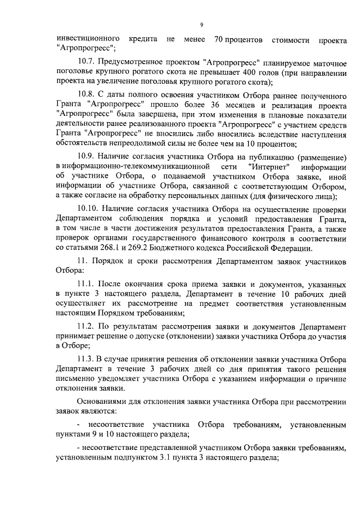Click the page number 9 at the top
pos(201,24)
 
